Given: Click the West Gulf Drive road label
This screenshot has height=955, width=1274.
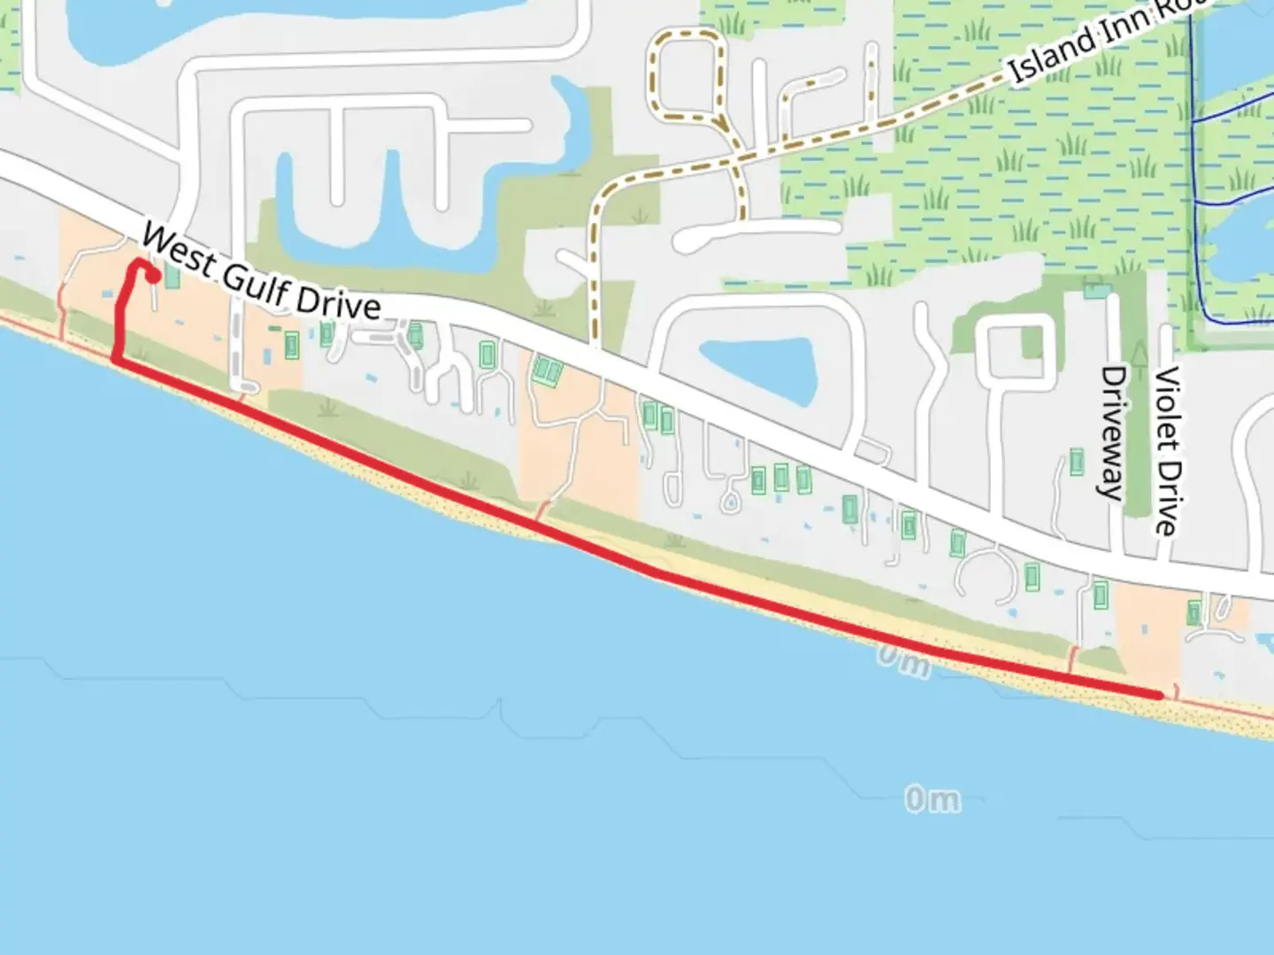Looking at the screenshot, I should [x=261, y=273].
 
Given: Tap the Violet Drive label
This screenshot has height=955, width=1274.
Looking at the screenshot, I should [x=1167, y=450].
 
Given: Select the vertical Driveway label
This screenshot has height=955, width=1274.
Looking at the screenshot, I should [x=1112, y=433].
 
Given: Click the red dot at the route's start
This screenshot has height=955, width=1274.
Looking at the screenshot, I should [x=153, y=277].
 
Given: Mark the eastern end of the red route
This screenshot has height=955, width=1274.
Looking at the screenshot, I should [x=1159, y=696].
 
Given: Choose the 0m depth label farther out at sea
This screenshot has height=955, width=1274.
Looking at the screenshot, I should [x=932, y=799].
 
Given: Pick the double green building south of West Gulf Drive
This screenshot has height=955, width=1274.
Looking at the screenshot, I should [x=546, y=371].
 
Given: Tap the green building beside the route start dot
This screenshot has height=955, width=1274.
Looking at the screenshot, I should [x=172, y=276].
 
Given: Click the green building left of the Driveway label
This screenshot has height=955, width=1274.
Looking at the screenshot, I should [x=1077, y=462].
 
